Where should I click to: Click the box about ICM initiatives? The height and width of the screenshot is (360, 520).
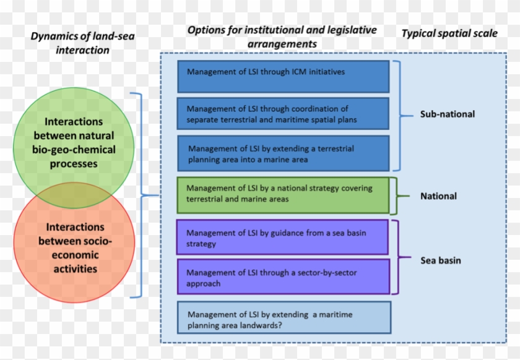[283, 76]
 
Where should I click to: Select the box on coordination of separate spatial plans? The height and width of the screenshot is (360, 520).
[283, 113]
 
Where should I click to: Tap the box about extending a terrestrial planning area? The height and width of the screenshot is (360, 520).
[283, 153]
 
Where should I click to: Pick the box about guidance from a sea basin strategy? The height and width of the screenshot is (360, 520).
[283, 238]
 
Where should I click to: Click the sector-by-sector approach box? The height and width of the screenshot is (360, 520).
[283, 277]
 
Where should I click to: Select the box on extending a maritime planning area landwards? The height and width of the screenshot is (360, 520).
[284, 318]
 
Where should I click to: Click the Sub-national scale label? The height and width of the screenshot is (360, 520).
[447, 114]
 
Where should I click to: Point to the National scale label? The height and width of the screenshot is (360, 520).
[438, 196]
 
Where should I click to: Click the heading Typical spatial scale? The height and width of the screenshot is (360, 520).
[449, 33]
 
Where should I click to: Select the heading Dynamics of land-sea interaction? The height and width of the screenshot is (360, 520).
[82, 43]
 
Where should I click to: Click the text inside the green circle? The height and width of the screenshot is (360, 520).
[74, 143]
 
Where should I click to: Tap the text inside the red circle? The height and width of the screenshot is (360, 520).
[74, 247]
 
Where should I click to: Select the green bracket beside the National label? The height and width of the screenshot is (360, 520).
[398, 196]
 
